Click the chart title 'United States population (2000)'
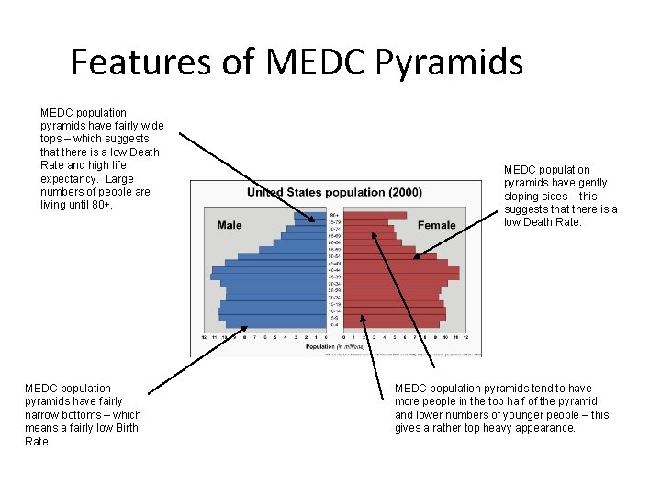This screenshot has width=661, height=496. pos(334,193)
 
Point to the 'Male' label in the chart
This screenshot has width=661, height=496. pos(230,225)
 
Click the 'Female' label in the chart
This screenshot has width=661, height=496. pos(436,225)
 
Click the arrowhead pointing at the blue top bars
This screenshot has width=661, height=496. pos(314,221)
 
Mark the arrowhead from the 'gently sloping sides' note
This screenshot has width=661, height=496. pos(417,257)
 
